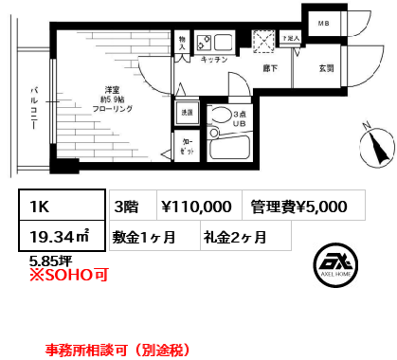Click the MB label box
(x=323, y=23)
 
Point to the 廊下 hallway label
(x=269, y=68)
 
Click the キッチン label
(x=213, y=60)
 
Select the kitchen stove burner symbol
(x=203, y=43)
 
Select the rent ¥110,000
(x=196, y=206)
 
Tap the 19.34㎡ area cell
(x=56, y=237)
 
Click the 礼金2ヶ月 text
(x=234, y=238)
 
